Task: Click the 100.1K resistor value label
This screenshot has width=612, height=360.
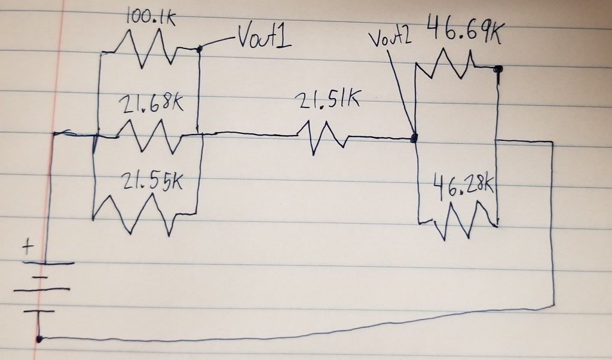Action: (x=150, y=18)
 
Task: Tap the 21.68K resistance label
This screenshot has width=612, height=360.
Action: (x=151, y=105)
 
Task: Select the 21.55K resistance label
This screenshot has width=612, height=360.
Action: (x=152, y=181)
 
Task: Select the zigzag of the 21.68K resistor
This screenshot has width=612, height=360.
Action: (x=149, y=136)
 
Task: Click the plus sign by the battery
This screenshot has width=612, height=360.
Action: (x=27, y=247)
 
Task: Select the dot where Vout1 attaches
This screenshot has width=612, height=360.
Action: (x=200, y=49)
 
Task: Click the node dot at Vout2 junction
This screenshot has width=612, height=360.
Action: (x=414, y=138)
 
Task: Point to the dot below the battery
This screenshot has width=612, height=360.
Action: (x=39, y=339)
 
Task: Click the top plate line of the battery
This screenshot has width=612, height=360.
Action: (x=48, y=263)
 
